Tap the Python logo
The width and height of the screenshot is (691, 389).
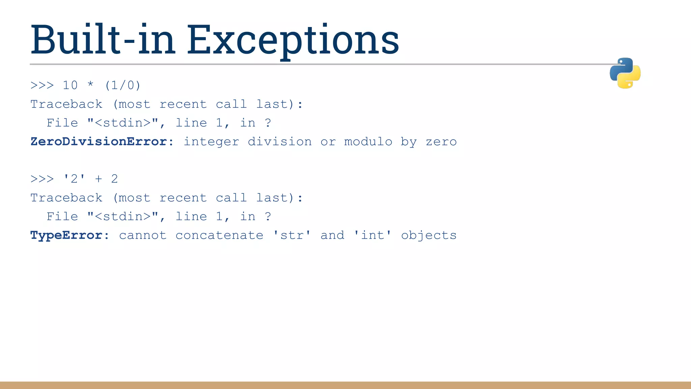[625, 73]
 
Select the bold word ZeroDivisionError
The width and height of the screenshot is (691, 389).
[99, 141]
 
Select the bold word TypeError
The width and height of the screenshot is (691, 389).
[66, 235]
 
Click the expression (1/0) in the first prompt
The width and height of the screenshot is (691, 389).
[122, 85]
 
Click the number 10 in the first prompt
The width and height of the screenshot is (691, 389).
[70, 85]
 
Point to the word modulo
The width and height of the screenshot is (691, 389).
[368, 141]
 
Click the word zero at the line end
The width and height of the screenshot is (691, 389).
[441, 141]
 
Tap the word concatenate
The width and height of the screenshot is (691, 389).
[219, 235]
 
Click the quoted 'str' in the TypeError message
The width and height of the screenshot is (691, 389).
[292, 235]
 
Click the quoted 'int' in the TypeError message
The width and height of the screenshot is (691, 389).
[372, 235]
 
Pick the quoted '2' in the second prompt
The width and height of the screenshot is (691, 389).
[74, 179]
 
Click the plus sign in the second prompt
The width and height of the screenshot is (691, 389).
[98, 179]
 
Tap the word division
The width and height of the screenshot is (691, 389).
[280, 141]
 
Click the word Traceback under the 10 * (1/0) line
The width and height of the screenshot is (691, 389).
[66, 104]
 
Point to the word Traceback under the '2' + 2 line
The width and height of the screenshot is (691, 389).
[66, 198]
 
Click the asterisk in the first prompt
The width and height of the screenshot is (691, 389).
[90, 84]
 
